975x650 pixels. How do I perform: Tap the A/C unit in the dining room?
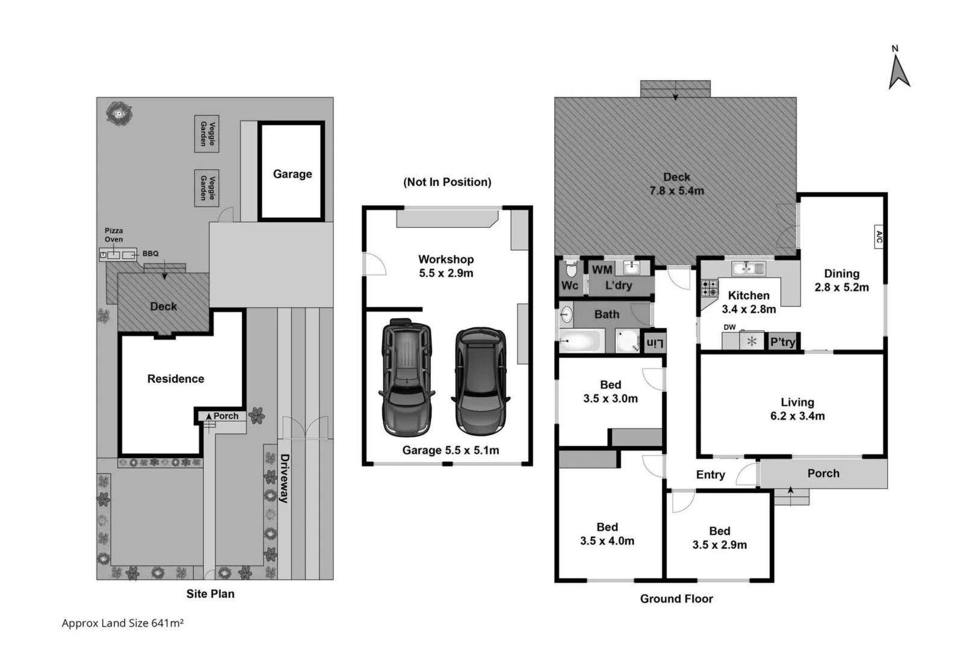pos(879,237)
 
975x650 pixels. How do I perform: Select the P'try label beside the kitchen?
pos(782,342)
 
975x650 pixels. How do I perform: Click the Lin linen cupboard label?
pos(655,343)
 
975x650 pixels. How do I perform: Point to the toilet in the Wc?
pos(571,268)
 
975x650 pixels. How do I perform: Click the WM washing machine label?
pos(602,270)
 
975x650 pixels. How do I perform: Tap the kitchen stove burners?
pos(710,288)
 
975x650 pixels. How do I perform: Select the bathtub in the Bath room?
pos(580,342)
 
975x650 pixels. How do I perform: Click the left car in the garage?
pos(406,377)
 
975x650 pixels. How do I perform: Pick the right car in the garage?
pos(481,381)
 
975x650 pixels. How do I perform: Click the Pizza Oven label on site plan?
pos(113,235)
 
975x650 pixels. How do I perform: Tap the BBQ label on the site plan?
pos(150,253)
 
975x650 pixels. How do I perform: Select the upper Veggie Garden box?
pos(206,134)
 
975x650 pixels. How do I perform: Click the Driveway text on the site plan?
pos(284,478)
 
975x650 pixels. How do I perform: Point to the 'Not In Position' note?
pos(447,182)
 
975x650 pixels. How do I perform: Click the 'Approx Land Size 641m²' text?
pos(122,624)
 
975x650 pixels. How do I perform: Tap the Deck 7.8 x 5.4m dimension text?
pos(676,191)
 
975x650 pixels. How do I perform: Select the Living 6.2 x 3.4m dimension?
pos(797,416)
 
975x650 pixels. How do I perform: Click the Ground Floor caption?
pos(676,598)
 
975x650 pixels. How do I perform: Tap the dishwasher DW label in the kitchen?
pos(729,327)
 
